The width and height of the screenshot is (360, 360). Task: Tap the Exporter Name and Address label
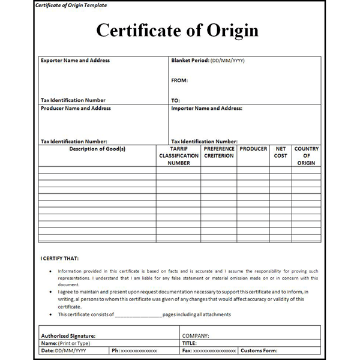(x=75, y=61)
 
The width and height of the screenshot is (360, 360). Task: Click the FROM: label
(x=179, y=80)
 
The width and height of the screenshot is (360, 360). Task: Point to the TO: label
(x=175, y=100)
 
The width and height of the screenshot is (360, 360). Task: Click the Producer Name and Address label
(x=76, y=109)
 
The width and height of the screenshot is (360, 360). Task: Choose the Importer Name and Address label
(x=206, y=109)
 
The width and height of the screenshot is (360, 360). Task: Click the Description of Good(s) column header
(x=97, y=149)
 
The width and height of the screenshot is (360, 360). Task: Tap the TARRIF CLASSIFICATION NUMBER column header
(x=179, y=155)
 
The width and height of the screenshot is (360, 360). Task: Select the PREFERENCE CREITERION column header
(x=218, y=152)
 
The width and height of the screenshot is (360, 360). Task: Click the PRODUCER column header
(x=253, y=149)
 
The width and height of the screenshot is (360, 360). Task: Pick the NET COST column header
(x=280, y=152)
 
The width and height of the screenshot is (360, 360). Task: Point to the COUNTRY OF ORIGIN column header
(x=307, y=155)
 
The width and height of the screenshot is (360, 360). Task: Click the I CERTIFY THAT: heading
(x=59, y=259)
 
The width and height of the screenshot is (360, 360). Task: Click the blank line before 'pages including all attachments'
(x=138, y=314)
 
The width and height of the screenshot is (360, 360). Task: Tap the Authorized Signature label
(x=68, y=336)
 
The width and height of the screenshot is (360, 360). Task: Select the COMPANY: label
(x=195, y=336)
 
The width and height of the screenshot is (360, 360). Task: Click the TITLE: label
(x=190, y=343)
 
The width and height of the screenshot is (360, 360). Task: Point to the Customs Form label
(x=259, y=350)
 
